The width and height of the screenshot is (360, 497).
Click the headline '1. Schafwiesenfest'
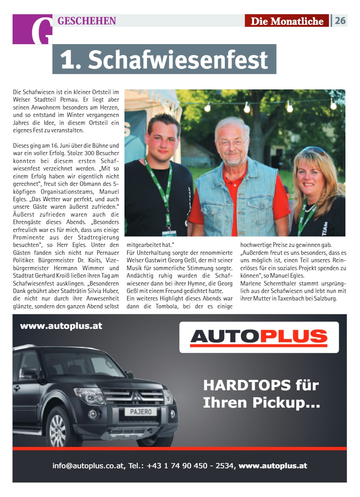tap(164, 59)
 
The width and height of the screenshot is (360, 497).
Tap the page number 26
tap(340, 20)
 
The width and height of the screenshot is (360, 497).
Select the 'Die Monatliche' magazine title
tap(287, 21)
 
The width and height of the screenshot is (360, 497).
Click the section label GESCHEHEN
tap(87, 21)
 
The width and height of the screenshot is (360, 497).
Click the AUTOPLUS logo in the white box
tap(259, 337)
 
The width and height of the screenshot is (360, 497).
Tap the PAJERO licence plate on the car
tap(141, 412)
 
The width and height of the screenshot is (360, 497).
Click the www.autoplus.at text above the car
tap(61, 326)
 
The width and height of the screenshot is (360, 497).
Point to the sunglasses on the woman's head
tap(314, 150)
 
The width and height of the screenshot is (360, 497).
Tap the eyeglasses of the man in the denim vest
tap(232, 143)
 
